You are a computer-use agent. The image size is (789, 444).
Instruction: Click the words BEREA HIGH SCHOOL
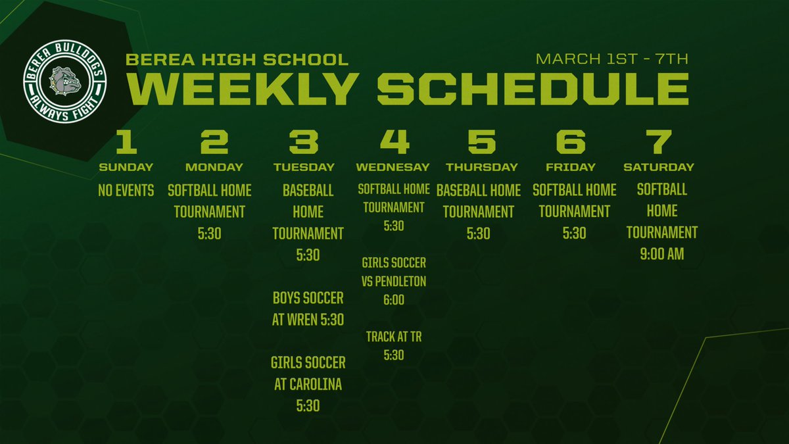click(x=237, y=60)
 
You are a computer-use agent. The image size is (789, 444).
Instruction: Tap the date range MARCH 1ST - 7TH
click(x=612, y=59)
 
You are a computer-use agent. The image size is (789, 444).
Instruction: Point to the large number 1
click(x=126, y=141)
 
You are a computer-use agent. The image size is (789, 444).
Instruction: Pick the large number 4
click(x=394, y=141)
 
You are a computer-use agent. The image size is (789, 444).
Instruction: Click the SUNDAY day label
click(x=126, y=167)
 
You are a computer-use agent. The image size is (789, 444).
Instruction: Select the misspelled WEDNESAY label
click(x=393, y=167)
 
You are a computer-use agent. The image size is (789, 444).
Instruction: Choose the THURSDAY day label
click(x=482, y=167)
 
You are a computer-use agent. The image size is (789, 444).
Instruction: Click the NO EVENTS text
click(x=126, y=191)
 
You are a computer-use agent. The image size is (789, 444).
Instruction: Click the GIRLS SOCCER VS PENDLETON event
click(x=394, y=272)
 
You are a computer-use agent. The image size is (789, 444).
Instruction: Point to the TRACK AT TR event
click(x=394, y=337)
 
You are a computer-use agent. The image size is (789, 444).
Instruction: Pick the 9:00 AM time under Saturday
click(x=661, y=254)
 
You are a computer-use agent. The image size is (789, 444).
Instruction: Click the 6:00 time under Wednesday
click(x=393, y=300)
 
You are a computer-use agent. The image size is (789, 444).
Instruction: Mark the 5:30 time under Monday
click(x=209, y=234)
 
